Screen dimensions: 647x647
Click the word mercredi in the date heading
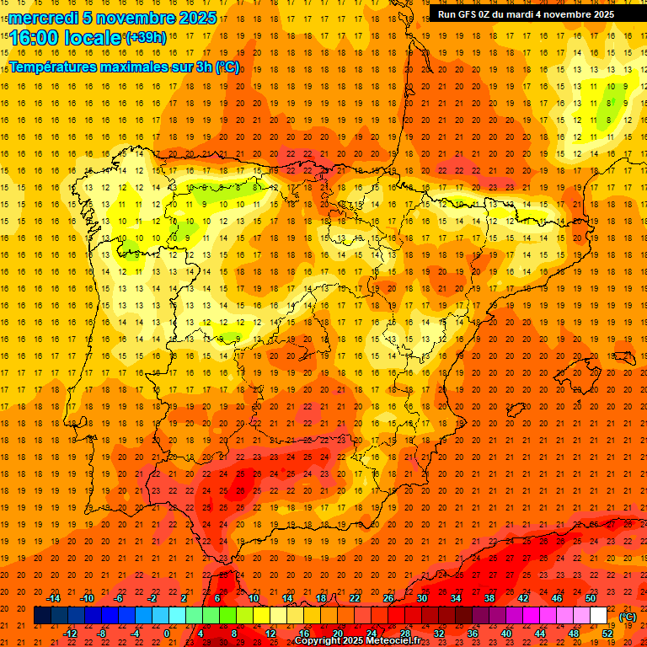tap(44, 18)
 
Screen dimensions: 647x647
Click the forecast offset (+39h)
tap(146, 38)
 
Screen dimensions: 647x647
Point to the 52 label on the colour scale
tap(607, 634)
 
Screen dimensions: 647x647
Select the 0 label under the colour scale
tap(167, 634)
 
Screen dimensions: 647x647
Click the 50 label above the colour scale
tap(591, 598)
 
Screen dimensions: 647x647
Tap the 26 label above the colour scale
tap(388, 598)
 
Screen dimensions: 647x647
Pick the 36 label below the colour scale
tap(473, 634)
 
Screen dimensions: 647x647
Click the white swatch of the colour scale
tap(598, 616)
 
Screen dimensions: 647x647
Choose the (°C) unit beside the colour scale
tap(628, 617)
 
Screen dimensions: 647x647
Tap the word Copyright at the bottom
tap(318, 641)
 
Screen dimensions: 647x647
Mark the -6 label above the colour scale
tap(120, 598)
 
